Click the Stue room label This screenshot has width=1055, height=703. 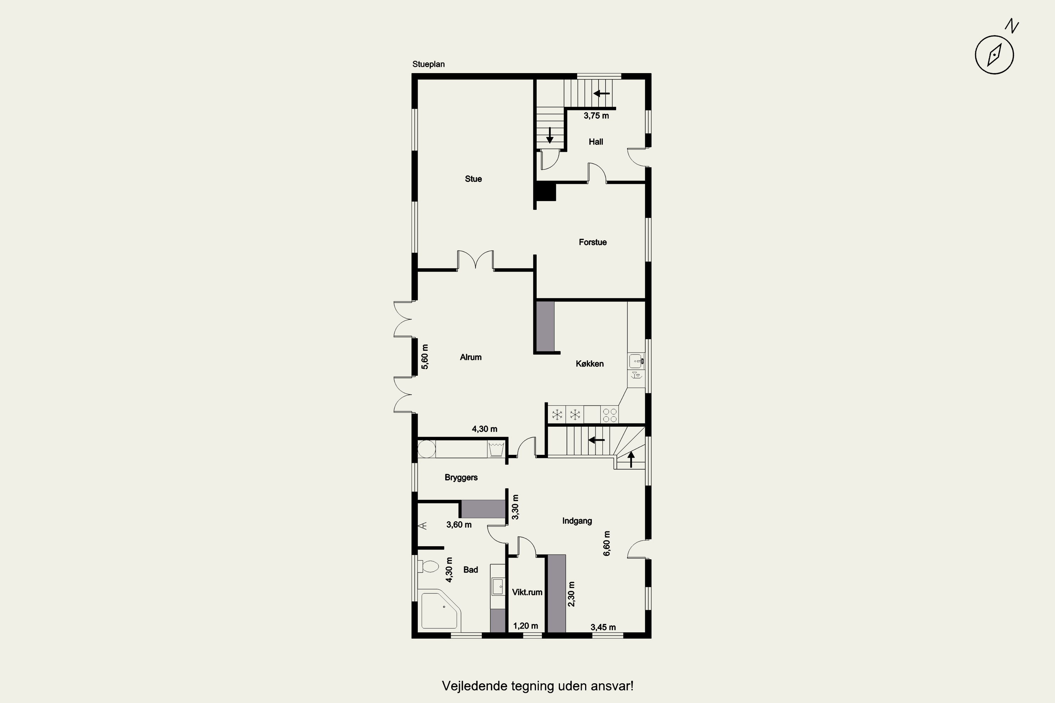coord(473,179)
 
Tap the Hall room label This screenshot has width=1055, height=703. coord(596,142)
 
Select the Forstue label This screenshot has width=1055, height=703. coord(593,242)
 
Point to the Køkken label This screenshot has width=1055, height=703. coord(589,363)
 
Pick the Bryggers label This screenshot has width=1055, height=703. coord(461,477)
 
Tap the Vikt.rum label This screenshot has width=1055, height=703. coord(527,592)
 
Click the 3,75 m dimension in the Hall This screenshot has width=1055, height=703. coord(596,116)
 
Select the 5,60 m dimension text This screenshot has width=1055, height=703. coord(425,356)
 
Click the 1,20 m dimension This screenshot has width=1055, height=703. coord(526,626)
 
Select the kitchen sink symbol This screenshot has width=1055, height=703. coord(637,361)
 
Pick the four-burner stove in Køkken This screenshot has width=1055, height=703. coord(609,415)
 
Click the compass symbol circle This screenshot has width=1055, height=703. coord(995,55)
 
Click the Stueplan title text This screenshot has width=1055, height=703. coord(428,64)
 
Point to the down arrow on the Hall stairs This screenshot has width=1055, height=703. coord(549,135)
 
